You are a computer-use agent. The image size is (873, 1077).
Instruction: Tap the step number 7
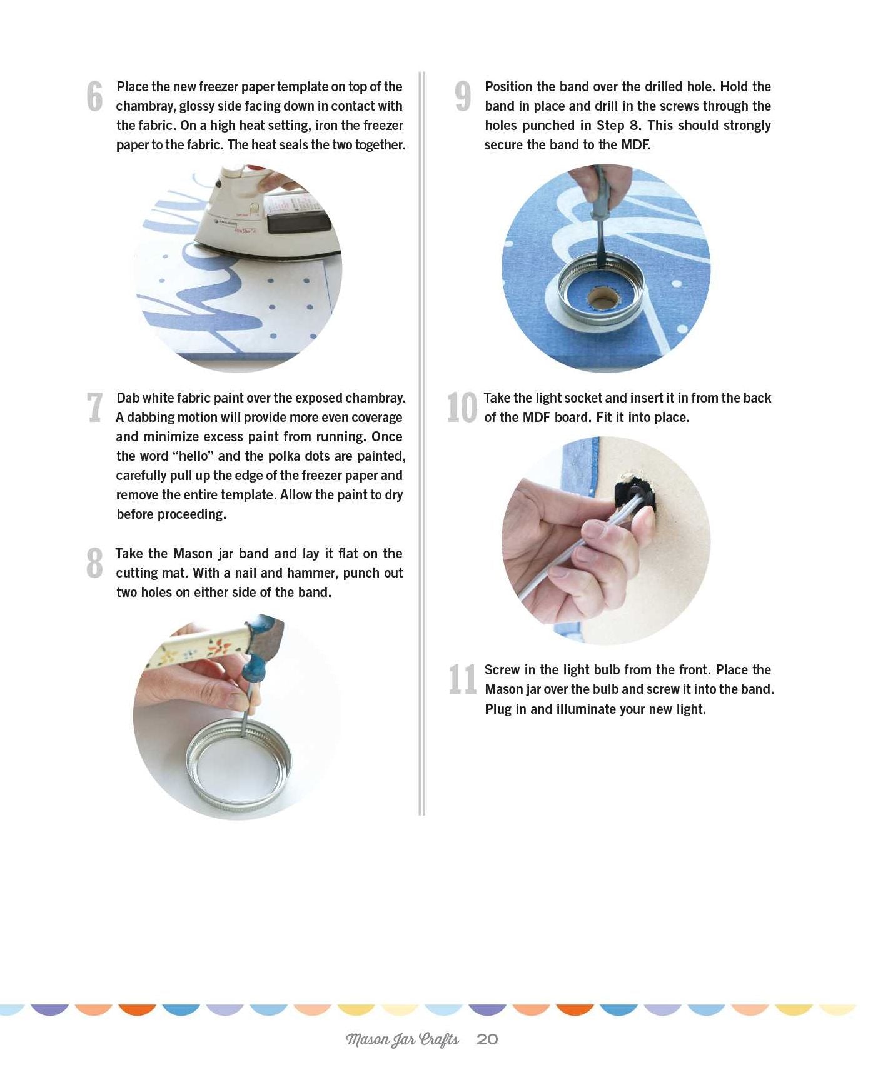pyautogui.click(x=94, y=407)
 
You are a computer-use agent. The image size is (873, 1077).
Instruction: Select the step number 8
pyautogui.click(x=94, y=563)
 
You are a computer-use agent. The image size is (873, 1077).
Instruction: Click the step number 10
pyautogui.click(x=462, y=407)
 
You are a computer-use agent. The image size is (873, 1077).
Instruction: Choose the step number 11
pyautogui.click(x=463, y=679)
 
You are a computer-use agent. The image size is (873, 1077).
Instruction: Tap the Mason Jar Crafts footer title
pyautogui.click(x=402, y=1039)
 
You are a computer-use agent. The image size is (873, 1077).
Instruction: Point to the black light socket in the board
pyautogui.click(x=635, y=494)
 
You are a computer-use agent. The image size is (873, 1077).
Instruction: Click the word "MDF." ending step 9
pyautogui.click(x=635, y=145)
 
